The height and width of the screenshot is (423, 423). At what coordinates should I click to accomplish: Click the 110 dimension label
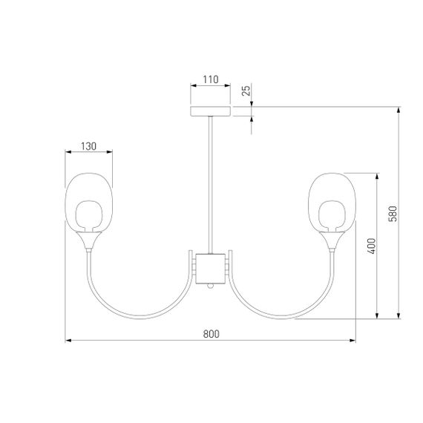[211, 79]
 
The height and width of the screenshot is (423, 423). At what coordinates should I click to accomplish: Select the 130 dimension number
[88, 146]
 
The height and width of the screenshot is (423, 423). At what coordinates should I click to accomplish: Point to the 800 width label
[211, 334]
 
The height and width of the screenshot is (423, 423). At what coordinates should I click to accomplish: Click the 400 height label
[372, 246]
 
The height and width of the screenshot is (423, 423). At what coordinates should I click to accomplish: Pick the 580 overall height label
[393, 214]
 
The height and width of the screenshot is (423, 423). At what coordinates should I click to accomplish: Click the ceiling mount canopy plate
[211, 111]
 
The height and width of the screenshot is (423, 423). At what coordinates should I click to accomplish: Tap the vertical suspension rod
[211, 185]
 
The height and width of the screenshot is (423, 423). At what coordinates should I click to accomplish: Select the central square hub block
[211, 269]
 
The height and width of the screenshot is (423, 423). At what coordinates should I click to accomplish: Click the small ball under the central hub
[211, 286]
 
